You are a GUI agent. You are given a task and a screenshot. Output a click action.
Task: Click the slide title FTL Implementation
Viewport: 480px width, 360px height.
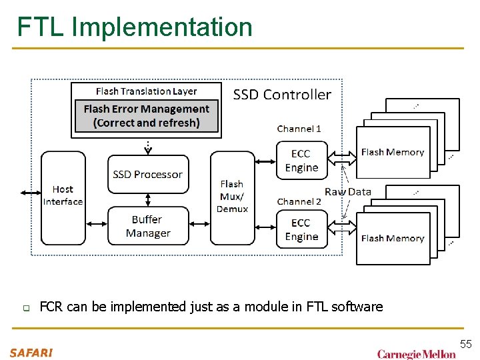(135, 27)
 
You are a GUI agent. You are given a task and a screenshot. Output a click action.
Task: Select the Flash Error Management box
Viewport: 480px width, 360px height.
(146, 116)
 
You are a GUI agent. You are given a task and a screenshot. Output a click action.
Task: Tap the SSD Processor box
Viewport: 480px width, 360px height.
(147, 175)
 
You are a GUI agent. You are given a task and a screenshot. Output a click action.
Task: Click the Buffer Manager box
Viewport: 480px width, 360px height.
(147, 226)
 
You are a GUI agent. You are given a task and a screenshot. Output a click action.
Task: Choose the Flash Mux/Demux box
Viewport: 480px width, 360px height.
(232, 197)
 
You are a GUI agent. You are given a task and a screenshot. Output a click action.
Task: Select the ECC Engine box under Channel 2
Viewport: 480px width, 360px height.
(301, 230)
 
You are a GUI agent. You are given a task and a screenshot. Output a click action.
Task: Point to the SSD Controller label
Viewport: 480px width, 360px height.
(282, 95)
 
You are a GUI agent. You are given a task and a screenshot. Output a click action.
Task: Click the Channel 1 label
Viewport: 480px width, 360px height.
(299, 129)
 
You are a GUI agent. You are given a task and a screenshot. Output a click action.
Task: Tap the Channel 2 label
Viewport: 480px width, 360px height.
(299, 201)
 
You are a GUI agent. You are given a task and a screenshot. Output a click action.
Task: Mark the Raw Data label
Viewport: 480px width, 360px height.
(347, 191)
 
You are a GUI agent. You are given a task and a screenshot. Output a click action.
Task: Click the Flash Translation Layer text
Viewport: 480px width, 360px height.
(146, 91)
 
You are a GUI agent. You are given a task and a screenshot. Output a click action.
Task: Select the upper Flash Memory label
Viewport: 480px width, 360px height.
(392, 152)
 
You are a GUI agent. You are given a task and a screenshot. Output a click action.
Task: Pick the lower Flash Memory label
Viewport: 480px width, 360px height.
(392, 238)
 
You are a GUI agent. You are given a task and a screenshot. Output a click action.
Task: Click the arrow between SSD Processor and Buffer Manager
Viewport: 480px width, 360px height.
(147, 199)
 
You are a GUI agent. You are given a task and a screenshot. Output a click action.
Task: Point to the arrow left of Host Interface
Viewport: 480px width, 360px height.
(31, 193)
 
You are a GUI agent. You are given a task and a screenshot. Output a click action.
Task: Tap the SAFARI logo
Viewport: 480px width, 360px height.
(31, 353)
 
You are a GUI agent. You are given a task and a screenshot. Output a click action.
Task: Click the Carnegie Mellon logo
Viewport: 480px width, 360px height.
(416, 354)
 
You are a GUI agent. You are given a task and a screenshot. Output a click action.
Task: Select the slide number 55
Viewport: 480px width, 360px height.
(465, 344)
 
